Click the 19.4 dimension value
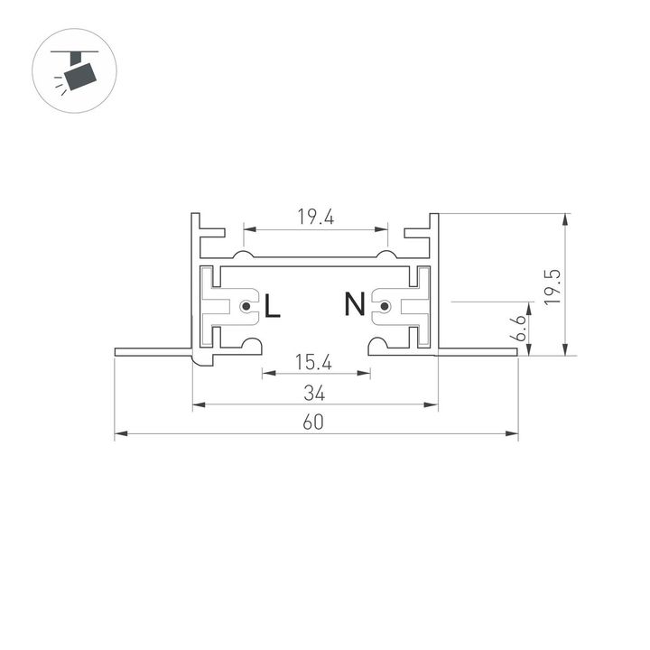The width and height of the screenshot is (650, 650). (314, 217)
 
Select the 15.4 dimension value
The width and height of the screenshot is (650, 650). (314, 363)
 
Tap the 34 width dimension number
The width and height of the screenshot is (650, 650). (314, 393)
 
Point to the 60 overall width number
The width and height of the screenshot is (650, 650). (314, 423)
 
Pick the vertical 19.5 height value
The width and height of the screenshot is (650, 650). (553, 286)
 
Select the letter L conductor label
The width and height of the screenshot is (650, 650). (272, 307)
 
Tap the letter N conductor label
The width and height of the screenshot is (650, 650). (354, 306)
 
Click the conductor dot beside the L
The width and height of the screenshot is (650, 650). (246, 307)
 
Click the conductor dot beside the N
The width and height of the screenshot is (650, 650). (385, 307)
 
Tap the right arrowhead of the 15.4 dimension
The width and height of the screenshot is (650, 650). (365, 373)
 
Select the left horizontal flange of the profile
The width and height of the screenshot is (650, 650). (153, 351)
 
